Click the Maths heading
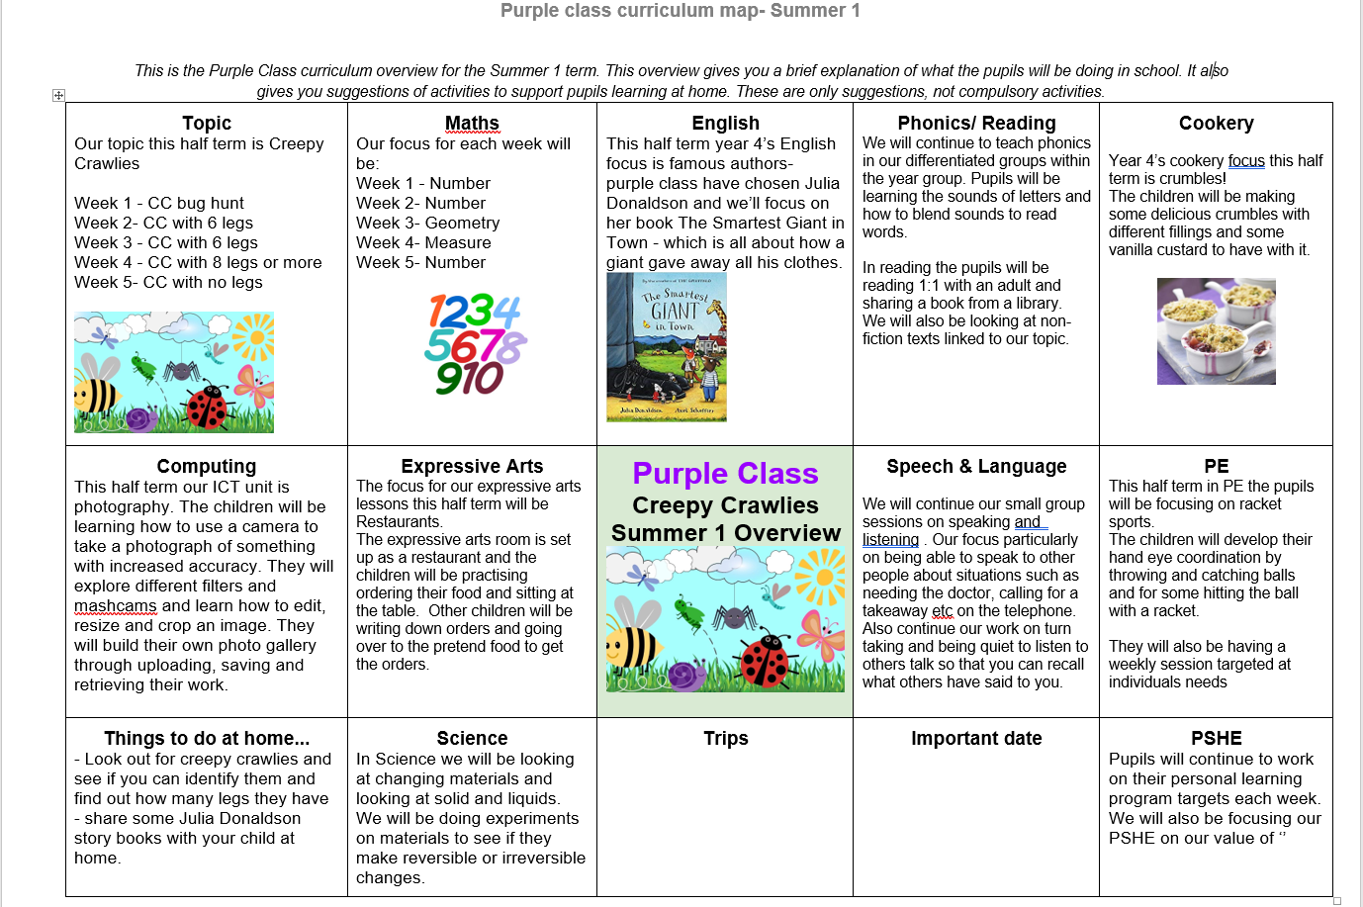pyautogui.click(x=472, y=124)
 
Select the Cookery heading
pyautogui.click(x=1216, y=124)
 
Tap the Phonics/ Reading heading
pyautogui.click(x=976, y=124)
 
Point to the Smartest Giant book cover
pyautogui.click(x=667, y=347)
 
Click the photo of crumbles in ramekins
pyautogui.click(x=1216, y=331)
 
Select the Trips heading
pyautogui.click(x=725, y=739)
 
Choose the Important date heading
pyautogui.click(x=976, y=739)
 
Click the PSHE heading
pyautogui.click(x=1216, y=739)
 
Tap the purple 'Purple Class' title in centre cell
pyautogui.click(x=725, y=474)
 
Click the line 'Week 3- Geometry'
pyautogui.click(x=427, y=224)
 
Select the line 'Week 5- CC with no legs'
pyautogui.click(x=168, y=283)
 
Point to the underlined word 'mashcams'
pyautogui.click(x=115, y=606)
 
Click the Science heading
pyautogui.click(x=472, y=739)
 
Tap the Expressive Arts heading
pyautogui.click(x=472, y=467)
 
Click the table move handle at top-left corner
pyautogui.click(x=58, y=95)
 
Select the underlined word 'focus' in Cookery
pyautogui.click(x=1246, y=161)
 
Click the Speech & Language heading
pyautogui.click(x=976, y=467)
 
